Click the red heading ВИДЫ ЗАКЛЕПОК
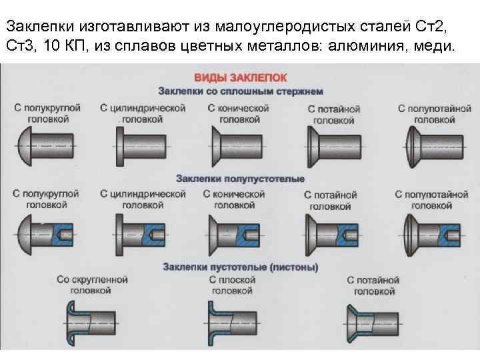coord(240,78)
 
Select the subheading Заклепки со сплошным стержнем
coord(240,91)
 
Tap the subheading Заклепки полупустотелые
coord(240,179)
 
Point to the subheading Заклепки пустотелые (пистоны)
coord(240,267)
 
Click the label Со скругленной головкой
coord(92,285)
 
